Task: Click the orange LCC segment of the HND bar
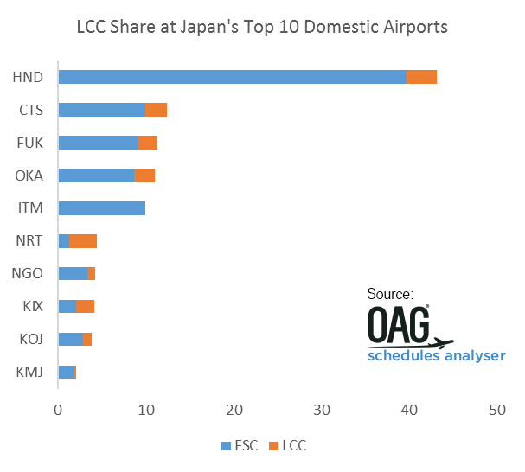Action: point(421,77)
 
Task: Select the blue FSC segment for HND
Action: point(232,77)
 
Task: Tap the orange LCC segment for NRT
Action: point(82,241)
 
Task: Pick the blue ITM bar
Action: point(101,208)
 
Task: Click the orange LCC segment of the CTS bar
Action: point(156,110)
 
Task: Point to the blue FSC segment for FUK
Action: point(98,143)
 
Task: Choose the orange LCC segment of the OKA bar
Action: point(144,175)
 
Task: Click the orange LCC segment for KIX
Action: point(85,306)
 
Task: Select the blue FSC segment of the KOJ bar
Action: point(70,339)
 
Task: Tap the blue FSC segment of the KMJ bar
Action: point(66,372)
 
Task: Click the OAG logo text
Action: point(400,327)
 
